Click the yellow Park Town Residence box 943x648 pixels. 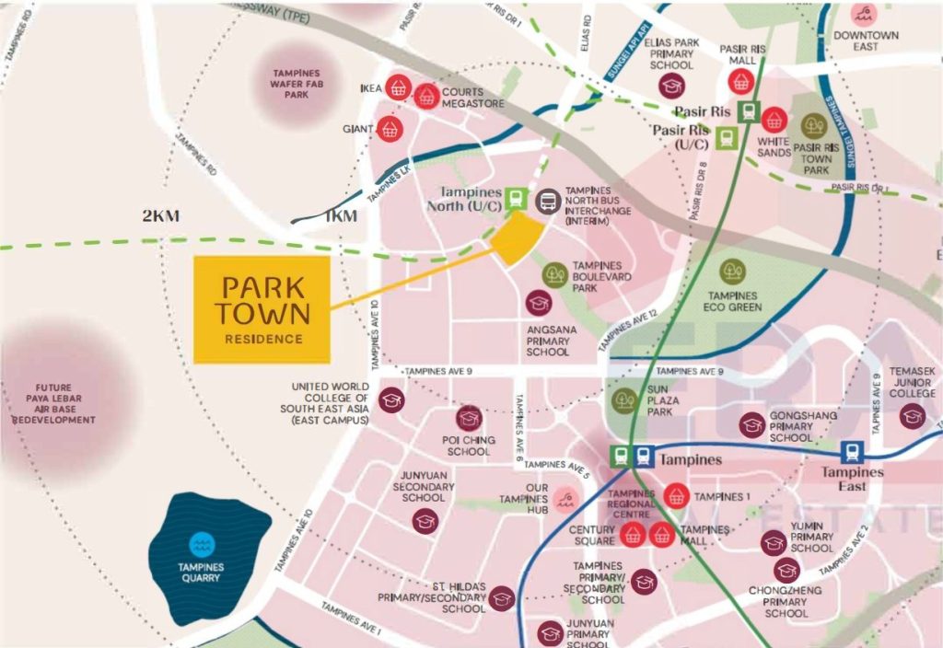262,309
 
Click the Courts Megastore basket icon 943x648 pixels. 425,96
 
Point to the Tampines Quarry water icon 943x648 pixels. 200,544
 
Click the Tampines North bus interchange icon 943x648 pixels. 548,201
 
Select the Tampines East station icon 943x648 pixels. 854,452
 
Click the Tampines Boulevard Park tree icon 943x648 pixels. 554,274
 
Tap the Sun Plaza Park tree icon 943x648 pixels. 625,400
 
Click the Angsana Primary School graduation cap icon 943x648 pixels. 539,303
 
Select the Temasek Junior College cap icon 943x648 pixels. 912,415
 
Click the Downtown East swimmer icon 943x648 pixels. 864,14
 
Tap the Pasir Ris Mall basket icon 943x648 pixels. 740,82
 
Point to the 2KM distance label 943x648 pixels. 160,216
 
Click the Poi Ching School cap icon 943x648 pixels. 469,419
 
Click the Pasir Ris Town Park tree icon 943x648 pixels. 813,126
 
